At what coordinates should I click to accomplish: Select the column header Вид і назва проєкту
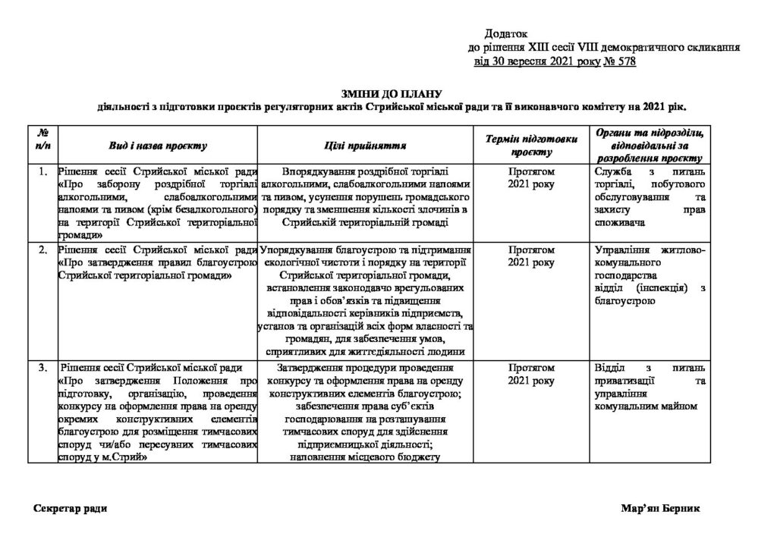(x=158, y=144)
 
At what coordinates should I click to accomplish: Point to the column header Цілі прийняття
(x=366, y=144)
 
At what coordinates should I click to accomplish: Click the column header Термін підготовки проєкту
(x=532, y=144)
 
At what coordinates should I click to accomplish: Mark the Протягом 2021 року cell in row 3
(x=532, y=374)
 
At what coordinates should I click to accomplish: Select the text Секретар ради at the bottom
(x=71, y=508)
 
